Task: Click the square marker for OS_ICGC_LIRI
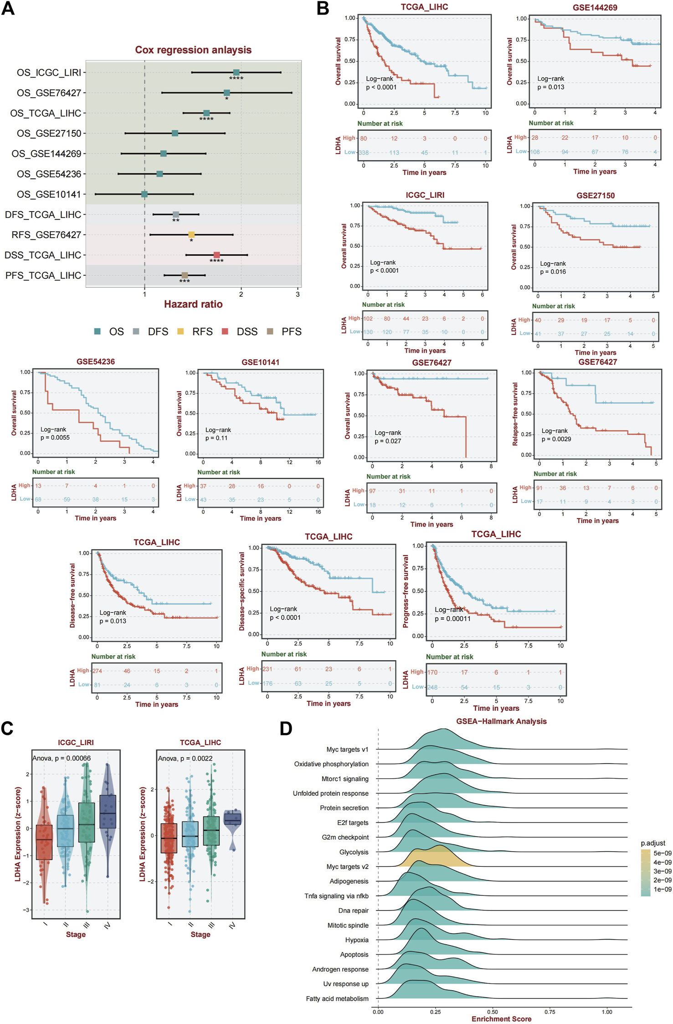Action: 236,72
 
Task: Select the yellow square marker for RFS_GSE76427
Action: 191,235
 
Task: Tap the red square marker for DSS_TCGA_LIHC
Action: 217,255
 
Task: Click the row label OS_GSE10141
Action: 49,195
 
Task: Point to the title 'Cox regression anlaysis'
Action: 193,50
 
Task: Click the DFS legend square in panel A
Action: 136,331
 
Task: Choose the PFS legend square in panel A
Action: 270,331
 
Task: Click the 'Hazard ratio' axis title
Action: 193,304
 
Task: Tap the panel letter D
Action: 286,728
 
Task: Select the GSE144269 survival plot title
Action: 595,8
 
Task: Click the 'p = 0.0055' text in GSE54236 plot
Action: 55,438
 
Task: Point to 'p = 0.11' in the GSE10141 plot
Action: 216,438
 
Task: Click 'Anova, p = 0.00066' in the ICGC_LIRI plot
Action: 62,758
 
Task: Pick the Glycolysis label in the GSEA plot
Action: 354,852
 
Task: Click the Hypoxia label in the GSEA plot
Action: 357,940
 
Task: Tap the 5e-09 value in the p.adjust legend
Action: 662,853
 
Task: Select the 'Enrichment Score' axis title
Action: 501,1019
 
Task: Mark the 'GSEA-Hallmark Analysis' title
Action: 501,721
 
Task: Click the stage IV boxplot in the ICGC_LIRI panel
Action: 108,812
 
